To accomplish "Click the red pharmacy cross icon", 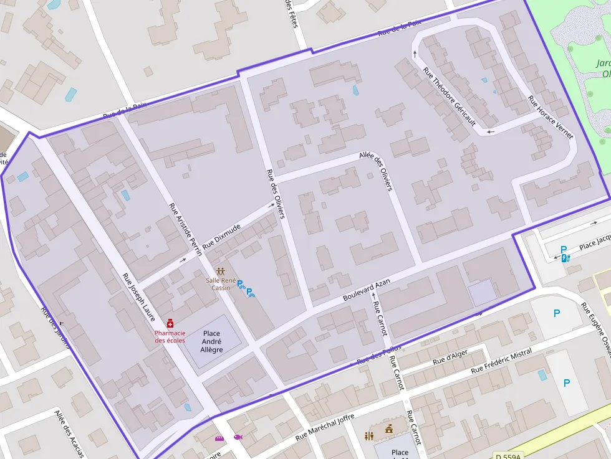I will click(x=170, y=323).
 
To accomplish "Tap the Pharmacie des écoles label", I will click(x=170, y=336).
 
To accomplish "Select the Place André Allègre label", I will click(x=212, y=341).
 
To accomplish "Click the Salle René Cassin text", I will click(x=220, y=284).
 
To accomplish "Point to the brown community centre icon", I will click(x=220, y=272).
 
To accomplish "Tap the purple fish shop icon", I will click(x=238, y=437).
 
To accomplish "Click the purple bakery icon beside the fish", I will click(x=219, y=438).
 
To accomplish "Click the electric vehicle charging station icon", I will click(x=565, y=258).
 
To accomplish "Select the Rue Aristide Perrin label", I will click(x=185, y=229).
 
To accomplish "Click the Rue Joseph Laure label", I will click(x=138, y=298).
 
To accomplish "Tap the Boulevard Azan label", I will click(x=366, y=290).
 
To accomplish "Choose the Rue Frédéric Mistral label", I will click(x=502, y=361).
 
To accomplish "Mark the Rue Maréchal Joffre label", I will click(x=325, y=427).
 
